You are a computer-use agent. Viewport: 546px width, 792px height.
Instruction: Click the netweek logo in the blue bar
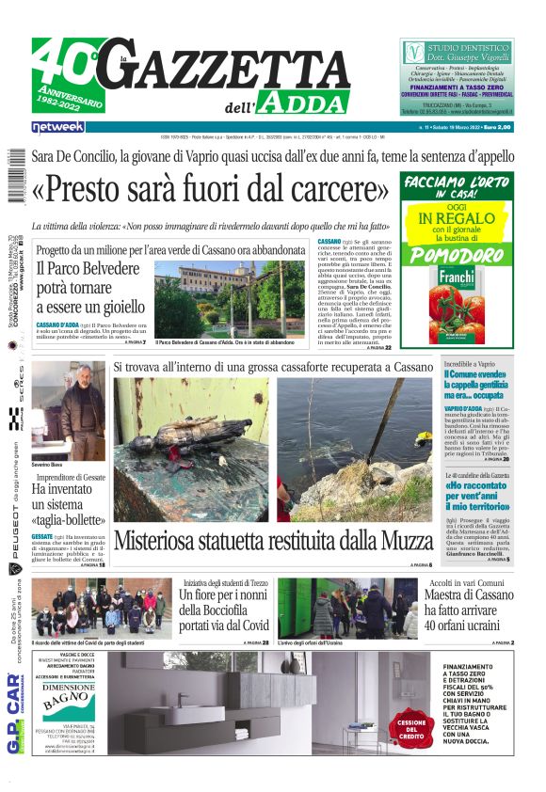tap(58, 126)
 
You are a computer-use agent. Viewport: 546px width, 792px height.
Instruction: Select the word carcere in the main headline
tap(341, 191)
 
